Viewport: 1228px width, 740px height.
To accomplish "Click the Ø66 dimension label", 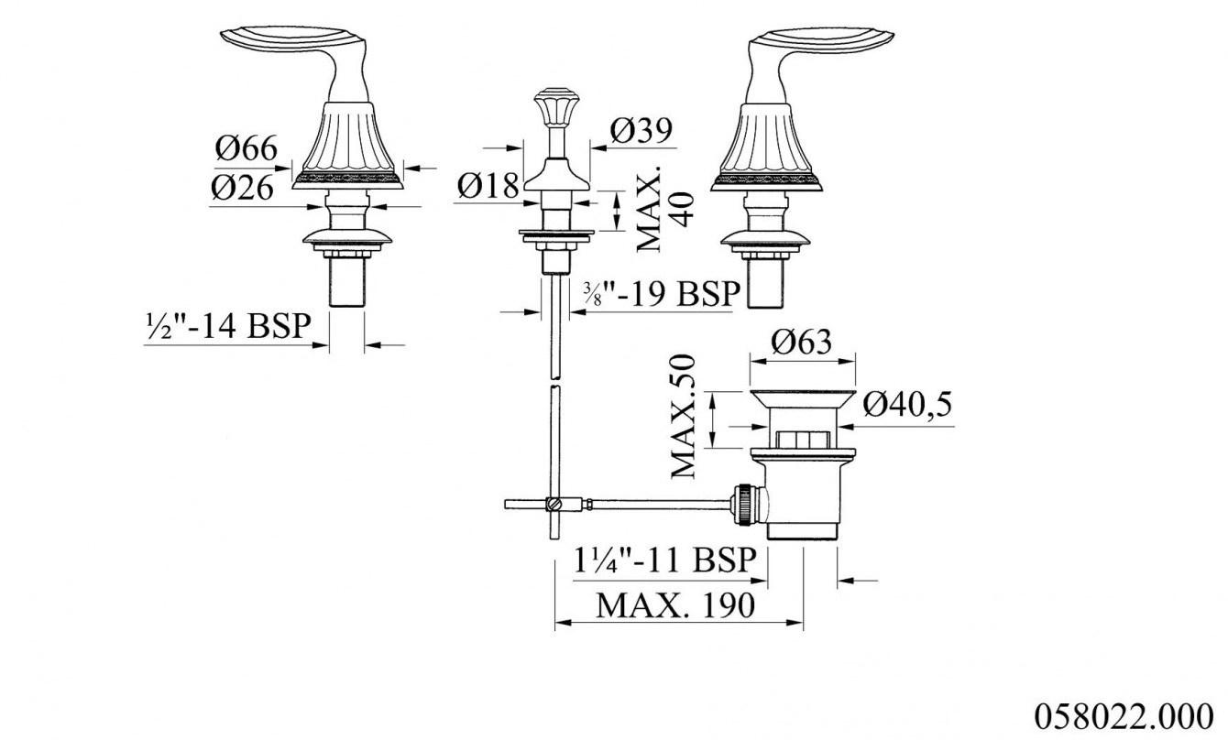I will pos(245,147).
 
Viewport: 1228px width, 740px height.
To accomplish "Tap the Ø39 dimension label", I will pos(641,131).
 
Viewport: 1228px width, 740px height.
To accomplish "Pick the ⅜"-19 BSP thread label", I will pos(661,293).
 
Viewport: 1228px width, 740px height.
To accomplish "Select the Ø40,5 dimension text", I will pos(907,404).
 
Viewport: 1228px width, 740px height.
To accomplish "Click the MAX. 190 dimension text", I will pos(675,604).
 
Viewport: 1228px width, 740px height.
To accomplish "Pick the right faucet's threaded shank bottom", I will pos(768,284).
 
